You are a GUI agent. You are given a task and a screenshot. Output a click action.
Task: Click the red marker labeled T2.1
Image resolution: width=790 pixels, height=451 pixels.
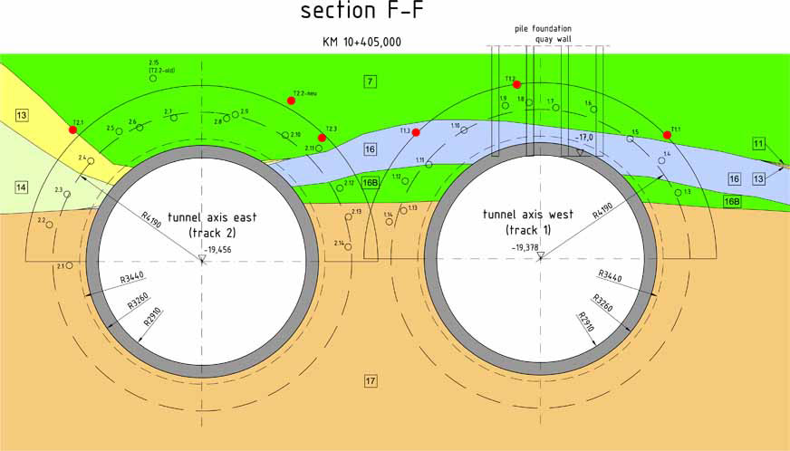click(72, 130)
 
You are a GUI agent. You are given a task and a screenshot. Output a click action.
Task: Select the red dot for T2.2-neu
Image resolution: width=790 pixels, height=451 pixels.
click(291, 101)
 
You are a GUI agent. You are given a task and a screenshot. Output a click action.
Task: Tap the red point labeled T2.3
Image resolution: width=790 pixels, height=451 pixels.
click(322, 138)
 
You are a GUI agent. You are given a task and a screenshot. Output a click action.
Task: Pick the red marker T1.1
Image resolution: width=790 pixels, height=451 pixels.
click(667, 135)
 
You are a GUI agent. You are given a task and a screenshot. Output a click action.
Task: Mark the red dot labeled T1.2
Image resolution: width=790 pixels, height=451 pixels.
click(516, 84)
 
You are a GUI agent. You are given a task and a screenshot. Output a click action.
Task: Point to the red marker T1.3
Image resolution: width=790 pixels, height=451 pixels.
click(416, 133)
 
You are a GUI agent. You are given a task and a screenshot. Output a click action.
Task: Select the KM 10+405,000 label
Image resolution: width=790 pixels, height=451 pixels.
click(361, 43)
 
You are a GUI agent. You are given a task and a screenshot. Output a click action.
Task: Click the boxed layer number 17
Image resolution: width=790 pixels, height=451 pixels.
click(370, 379)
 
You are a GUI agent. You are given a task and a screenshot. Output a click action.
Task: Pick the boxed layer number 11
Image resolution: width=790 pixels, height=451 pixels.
click(758, 144)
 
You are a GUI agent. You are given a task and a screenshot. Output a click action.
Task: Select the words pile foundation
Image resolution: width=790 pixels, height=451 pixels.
click(542, 28)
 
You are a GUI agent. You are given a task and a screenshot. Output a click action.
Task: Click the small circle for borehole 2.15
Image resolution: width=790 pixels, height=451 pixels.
click(152, 79)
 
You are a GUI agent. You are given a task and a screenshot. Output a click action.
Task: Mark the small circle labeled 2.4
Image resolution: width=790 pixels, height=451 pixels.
click(91, 161)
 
